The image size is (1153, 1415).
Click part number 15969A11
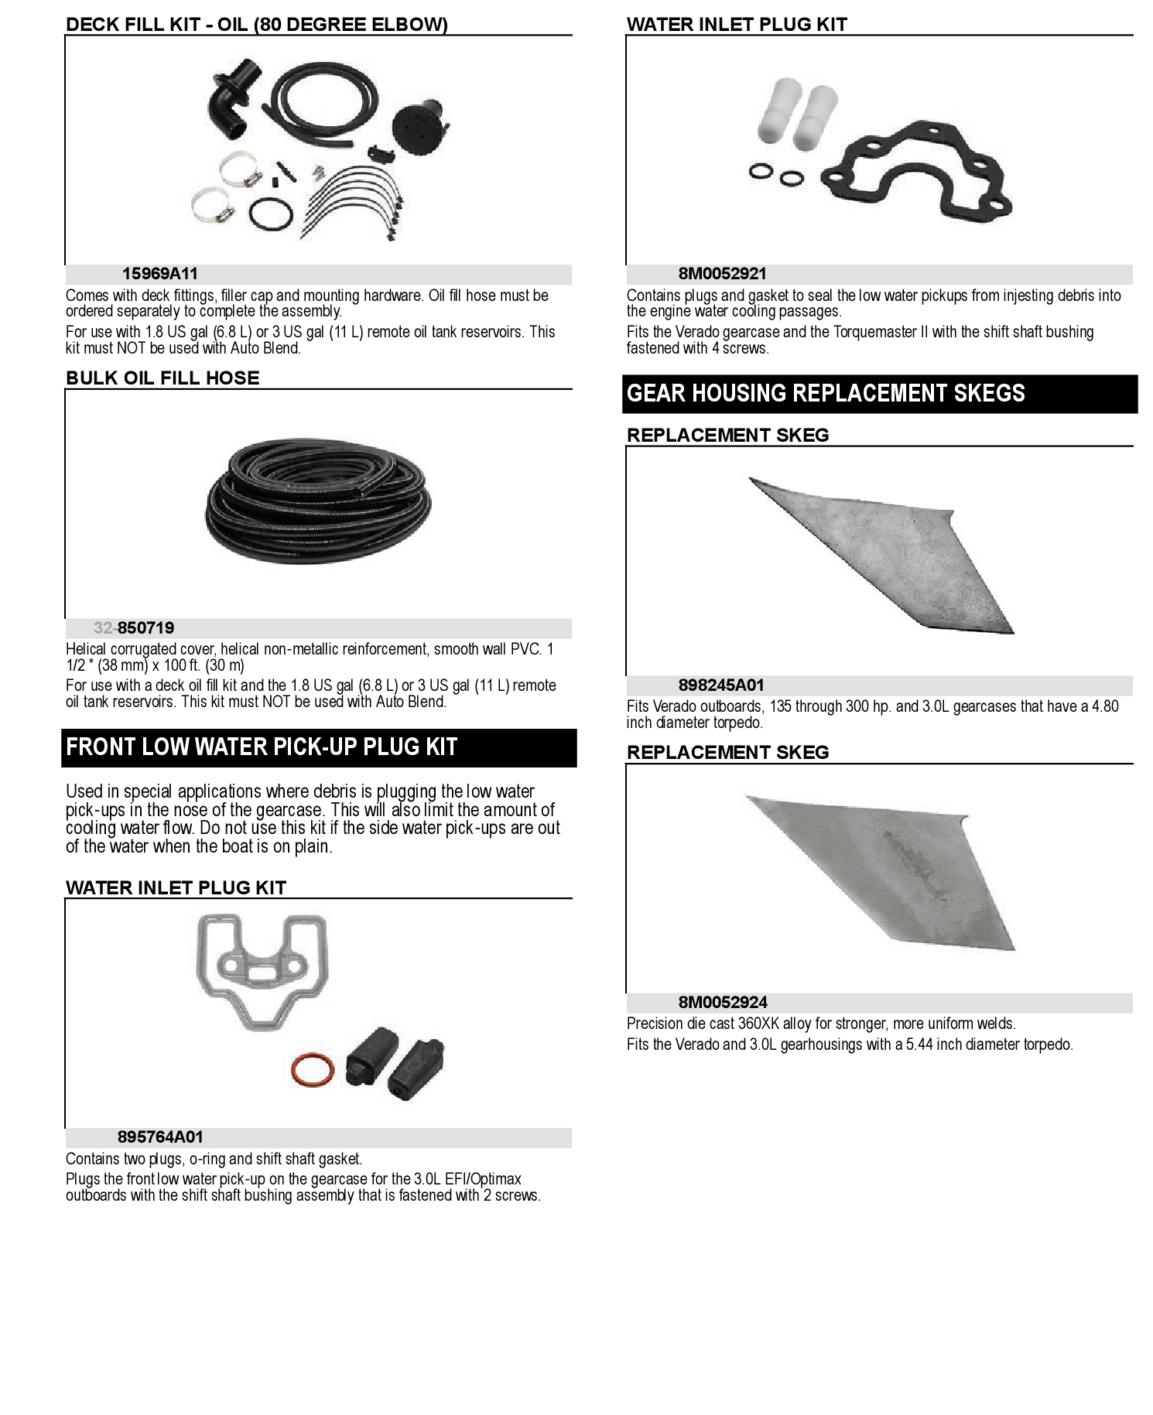pyautogui.click(x=160, y=274)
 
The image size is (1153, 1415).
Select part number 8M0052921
pyautogui.click(x=723, y=274)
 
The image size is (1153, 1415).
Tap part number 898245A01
pyautogui.click(x=721, y=685)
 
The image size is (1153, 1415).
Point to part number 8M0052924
pyautogui.click(x=723, y=1003)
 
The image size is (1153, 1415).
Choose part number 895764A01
pyautogui.click(x=160, y=1137)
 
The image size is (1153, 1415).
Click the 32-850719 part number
pyautogui.click(x=134, y=628)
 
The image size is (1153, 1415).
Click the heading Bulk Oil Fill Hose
pyautogui.click(x=163, y=378)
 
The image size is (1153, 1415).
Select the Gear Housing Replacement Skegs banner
pyautogui.click(x=880, y=394)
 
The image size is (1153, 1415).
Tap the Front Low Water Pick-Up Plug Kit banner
pyautogui.click(x=319, y=748)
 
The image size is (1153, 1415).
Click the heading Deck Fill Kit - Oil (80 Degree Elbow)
pyautogui.click(x=257, y=25)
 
